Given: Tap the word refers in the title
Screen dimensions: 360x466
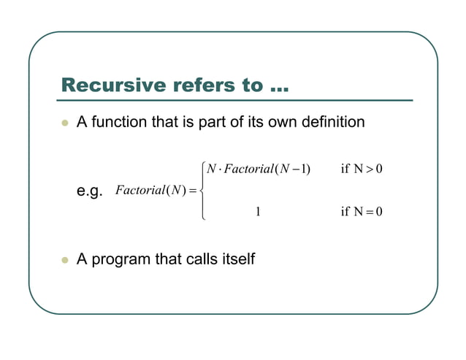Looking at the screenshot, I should tap(202, 85).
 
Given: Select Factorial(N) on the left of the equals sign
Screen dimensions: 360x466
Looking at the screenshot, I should tap(148, 191).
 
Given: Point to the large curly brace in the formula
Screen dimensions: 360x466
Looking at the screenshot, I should tap(202, 191).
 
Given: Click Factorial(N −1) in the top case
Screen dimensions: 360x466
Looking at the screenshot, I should tap(267, 170).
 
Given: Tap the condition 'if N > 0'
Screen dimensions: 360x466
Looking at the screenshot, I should tap(362, 170).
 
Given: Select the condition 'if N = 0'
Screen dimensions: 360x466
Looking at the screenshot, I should tap(362, 212).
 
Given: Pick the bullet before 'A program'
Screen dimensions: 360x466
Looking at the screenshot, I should tap(64, 259).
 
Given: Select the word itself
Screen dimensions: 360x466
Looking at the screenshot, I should tap(238, 258).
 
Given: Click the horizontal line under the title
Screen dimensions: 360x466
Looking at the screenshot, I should tap(237, 100).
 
